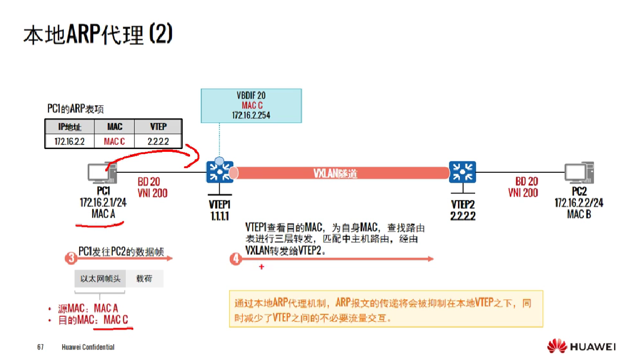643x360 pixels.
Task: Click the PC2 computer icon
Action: point(579,173)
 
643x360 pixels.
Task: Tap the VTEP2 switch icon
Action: point(463,172)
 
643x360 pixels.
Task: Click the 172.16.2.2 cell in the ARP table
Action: point(69,141)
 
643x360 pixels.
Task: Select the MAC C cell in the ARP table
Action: point(114,141)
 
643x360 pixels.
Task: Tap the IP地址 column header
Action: point(69,126)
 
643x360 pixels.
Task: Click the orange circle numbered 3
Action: point(71,259)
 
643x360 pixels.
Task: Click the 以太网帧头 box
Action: point(100,279)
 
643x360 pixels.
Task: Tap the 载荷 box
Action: point(144,279)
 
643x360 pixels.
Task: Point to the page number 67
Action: point(40,347)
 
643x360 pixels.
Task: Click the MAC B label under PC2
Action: point(579,214)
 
